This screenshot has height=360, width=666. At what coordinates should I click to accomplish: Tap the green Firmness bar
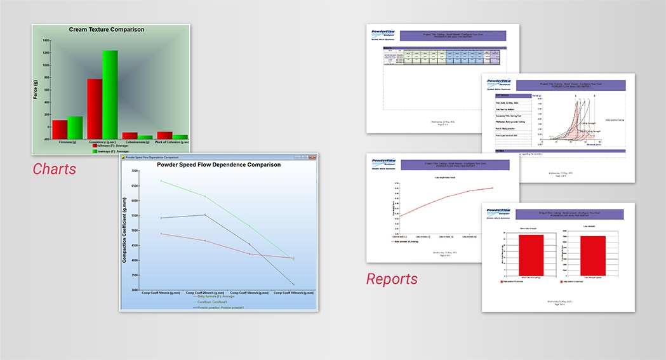(x=75, y=127)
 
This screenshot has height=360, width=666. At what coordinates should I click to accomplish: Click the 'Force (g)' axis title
(x=36, y=89)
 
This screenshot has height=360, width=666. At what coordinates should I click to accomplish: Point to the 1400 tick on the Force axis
(x=46, y=40)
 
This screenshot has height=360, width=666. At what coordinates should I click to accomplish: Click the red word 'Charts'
(x=55, y=169)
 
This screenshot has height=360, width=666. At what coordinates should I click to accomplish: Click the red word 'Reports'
(x=392, y=279)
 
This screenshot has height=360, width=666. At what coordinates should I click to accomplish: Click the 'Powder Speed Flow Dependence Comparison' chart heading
(x=218, y=164)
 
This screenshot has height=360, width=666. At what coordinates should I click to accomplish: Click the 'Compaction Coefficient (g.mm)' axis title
(x=125, y=230)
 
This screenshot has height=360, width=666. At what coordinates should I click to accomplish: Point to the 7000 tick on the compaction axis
(x=134, y=171)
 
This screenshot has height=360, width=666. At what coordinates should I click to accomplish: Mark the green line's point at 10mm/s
(x=161, y=181)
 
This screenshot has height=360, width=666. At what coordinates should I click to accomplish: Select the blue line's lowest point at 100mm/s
(x=293, y=284)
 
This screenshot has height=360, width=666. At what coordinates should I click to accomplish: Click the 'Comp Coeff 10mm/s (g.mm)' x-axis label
(x=160, y=293)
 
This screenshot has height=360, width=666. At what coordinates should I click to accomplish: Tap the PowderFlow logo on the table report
(x=383, y=35)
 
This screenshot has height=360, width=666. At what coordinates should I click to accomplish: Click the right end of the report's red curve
(x=492, y=188)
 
